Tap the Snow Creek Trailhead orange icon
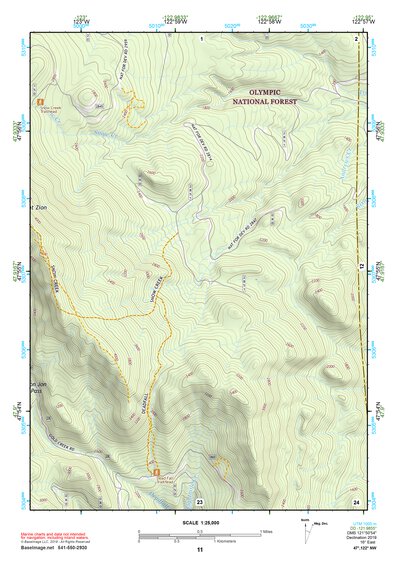tap(40, 102)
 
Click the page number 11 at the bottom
tap(200, 549)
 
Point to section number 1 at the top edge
tap(201, 38)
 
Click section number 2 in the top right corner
tap(356, 38)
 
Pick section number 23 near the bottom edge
tap(200, 500)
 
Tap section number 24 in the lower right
tap(356, 500)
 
